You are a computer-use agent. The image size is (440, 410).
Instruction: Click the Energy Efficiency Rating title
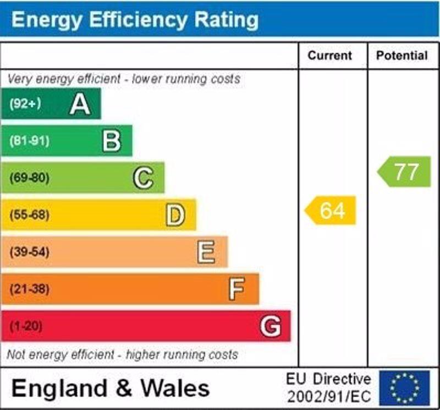[x=135, y=20]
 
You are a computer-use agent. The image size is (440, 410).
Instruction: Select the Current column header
[x=329, y=56]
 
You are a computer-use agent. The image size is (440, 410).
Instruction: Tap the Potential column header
[x=402, y=56]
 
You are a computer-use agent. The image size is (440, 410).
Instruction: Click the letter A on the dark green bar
[x=80, y=104]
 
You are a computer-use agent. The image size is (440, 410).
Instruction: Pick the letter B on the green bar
[x=112, y=141]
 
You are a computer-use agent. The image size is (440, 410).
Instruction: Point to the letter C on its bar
[x=143, y=178]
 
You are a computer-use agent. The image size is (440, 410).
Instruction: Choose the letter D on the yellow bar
[x=175, y=215]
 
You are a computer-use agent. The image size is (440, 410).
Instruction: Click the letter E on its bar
[x=206, y=252]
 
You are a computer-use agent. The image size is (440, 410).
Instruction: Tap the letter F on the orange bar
[x=237, y=289]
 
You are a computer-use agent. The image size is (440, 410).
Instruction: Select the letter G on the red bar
[x=270, y=326]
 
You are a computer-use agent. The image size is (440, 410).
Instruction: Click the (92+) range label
[x=25, y=104]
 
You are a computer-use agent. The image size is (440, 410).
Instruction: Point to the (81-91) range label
[x=29, y=141]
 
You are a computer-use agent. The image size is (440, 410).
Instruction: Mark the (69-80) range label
[x=29, y=178]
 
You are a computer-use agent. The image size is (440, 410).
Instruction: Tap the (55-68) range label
[x=29, y=215]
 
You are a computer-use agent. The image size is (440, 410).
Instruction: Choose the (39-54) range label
[x=29, y=252]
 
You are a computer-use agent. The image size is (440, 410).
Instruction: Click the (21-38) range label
[x=29, y=289]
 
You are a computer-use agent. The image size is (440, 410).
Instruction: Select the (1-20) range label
[x=26, y=326]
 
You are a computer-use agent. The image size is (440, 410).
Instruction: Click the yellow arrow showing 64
[x=331, y=211]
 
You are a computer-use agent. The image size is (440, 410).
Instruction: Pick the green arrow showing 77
[x=405, y=172]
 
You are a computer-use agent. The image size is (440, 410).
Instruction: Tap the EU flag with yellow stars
[x=404, y=387]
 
